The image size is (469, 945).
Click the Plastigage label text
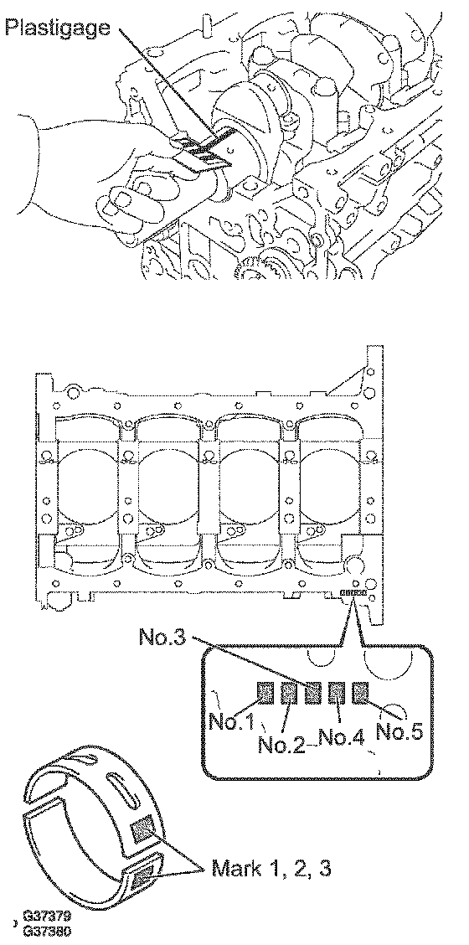pyautogui.click(x=58, y=28)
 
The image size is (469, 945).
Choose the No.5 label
pyautogui.click(x=399, y=731)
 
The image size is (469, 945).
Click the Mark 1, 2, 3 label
pyautogui.click(x=271, y=868)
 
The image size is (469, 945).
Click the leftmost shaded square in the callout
pyautogui.click(x=265, y=693)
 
